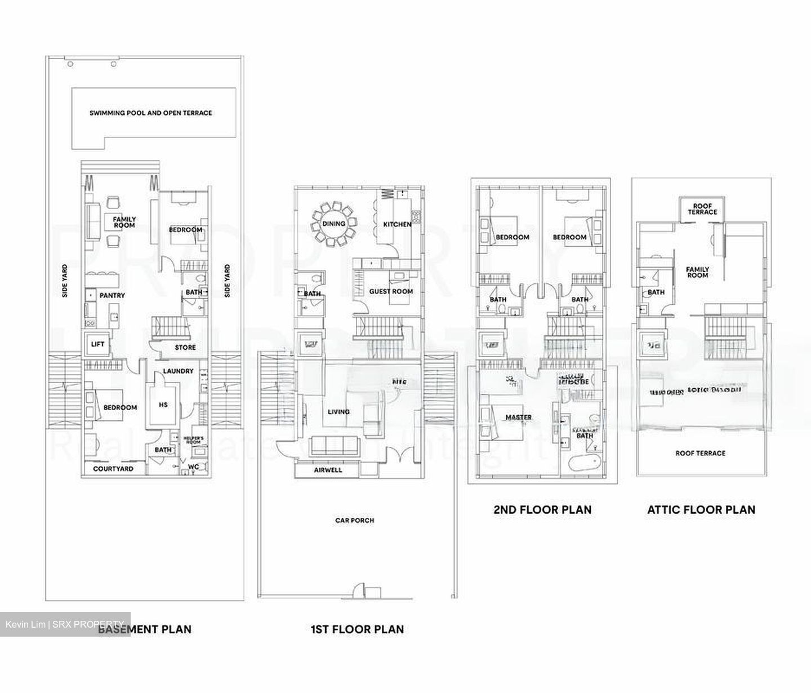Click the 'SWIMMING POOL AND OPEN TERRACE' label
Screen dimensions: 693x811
coord(151,113)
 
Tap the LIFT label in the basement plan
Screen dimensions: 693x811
coord(97,344)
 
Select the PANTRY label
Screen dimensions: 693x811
coord(112,296)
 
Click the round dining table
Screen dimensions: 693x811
coord(334,224)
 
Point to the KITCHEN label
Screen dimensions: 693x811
coord(397,224)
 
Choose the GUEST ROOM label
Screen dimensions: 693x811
coord(391,291)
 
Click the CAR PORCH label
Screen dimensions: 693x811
coord(355,521)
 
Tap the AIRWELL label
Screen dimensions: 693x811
coord(328,470)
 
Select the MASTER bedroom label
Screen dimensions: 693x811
coord(518,417)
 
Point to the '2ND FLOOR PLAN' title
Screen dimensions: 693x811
coord(542,510)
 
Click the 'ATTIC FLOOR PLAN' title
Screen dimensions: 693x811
coord(701,510)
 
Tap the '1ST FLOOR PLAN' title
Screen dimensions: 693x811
coord(357,629)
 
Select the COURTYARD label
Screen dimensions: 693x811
coord(113,469)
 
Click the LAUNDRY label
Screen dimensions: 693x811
coord(178,371)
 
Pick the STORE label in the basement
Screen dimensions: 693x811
coord(185,348)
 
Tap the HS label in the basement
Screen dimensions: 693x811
coord(163,405)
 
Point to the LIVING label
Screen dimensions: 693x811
coord(338,412)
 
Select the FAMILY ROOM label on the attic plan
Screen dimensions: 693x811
coord(697,272)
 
